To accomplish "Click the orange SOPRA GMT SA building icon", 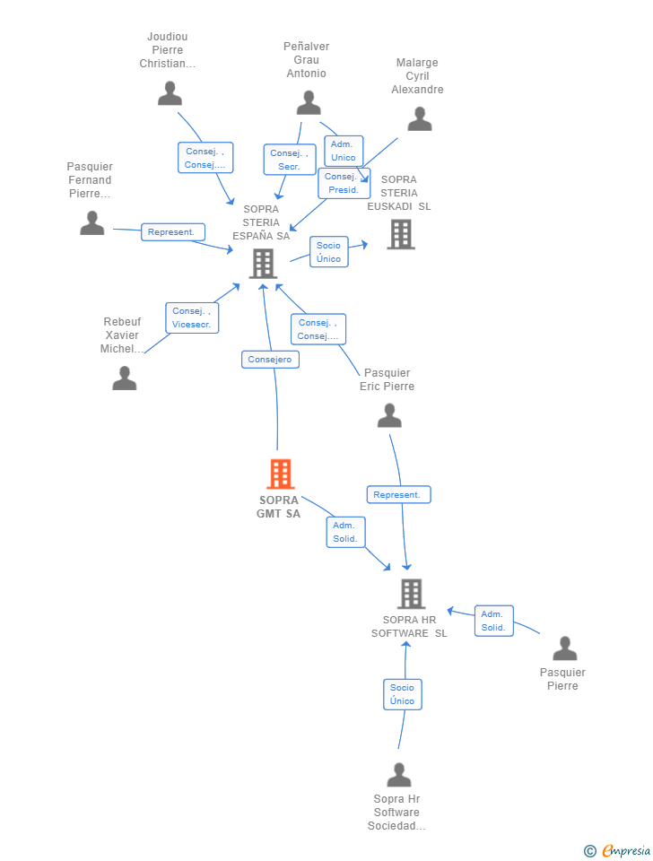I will (x=281, y=474).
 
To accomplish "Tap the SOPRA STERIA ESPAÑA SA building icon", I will (x=263, y=264).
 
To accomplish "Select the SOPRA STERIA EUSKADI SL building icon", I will (x=400, y=234).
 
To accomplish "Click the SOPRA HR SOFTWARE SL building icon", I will (x=410, y=594).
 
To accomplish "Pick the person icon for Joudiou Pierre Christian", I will (x=170, y=93).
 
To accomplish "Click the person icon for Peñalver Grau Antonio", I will (x=309, y=103).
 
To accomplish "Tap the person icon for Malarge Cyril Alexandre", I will (x=419, y=119).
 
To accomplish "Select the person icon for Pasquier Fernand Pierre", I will (x=91, y=223).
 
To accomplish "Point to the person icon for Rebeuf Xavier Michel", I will (x=124, y=378).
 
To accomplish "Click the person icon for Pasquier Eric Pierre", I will (x=389, y=416).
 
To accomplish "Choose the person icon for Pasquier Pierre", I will (x=564, y=648).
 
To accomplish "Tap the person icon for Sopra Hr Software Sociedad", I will (x=398, y=775).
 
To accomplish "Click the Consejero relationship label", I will (x=270, y=360).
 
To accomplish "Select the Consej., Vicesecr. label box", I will (x=192, y=317).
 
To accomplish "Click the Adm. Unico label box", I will (x=344, y=151).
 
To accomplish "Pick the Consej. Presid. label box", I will (x=344, y=183).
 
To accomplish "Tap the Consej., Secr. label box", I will (x=289, y=160).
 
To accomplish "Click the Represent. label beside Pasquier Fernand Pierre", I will (x=172, y=232).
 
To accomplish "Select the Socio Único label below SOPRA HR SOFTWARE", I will (x=402, y=694).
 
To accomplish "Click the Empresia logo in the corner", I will (x=618, y=850).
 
